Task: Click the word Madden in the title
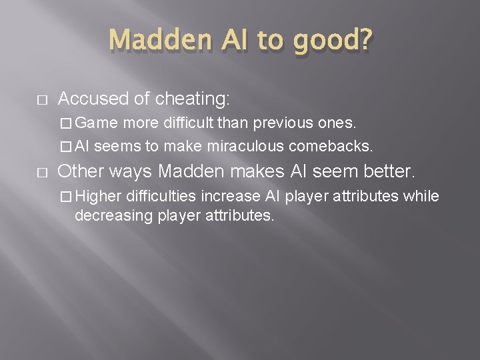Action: click(x=149, y=41)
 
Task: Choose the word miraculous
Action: click(x=247, y=145)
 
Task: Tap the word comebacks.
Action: click(x=331, y=145)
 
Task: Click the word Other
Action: click(x=81, y=171)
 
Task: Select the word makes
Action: click(x=254, y=171)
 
